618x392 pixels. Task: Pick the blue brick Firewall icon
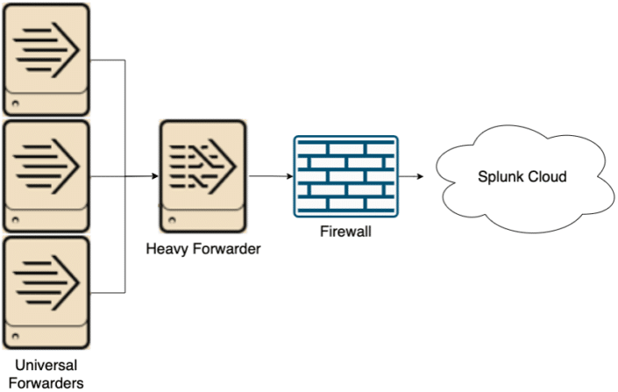coord(345,176)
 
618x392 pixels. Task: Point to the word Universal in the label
coord(45,365)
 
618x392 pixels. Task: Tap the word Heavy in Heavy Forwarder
coord(165,249)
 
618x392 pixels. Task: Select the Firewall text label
coord(345,232)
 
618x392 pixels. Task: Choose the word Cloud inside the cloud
coord(547,177)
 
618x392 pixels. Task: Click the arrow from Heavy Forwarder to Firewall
coord(266,176)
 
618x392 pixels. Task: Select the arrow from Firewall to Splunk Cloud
coord(412,176)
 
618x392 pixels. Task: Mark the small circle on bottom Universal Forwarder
coord(14,336)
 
